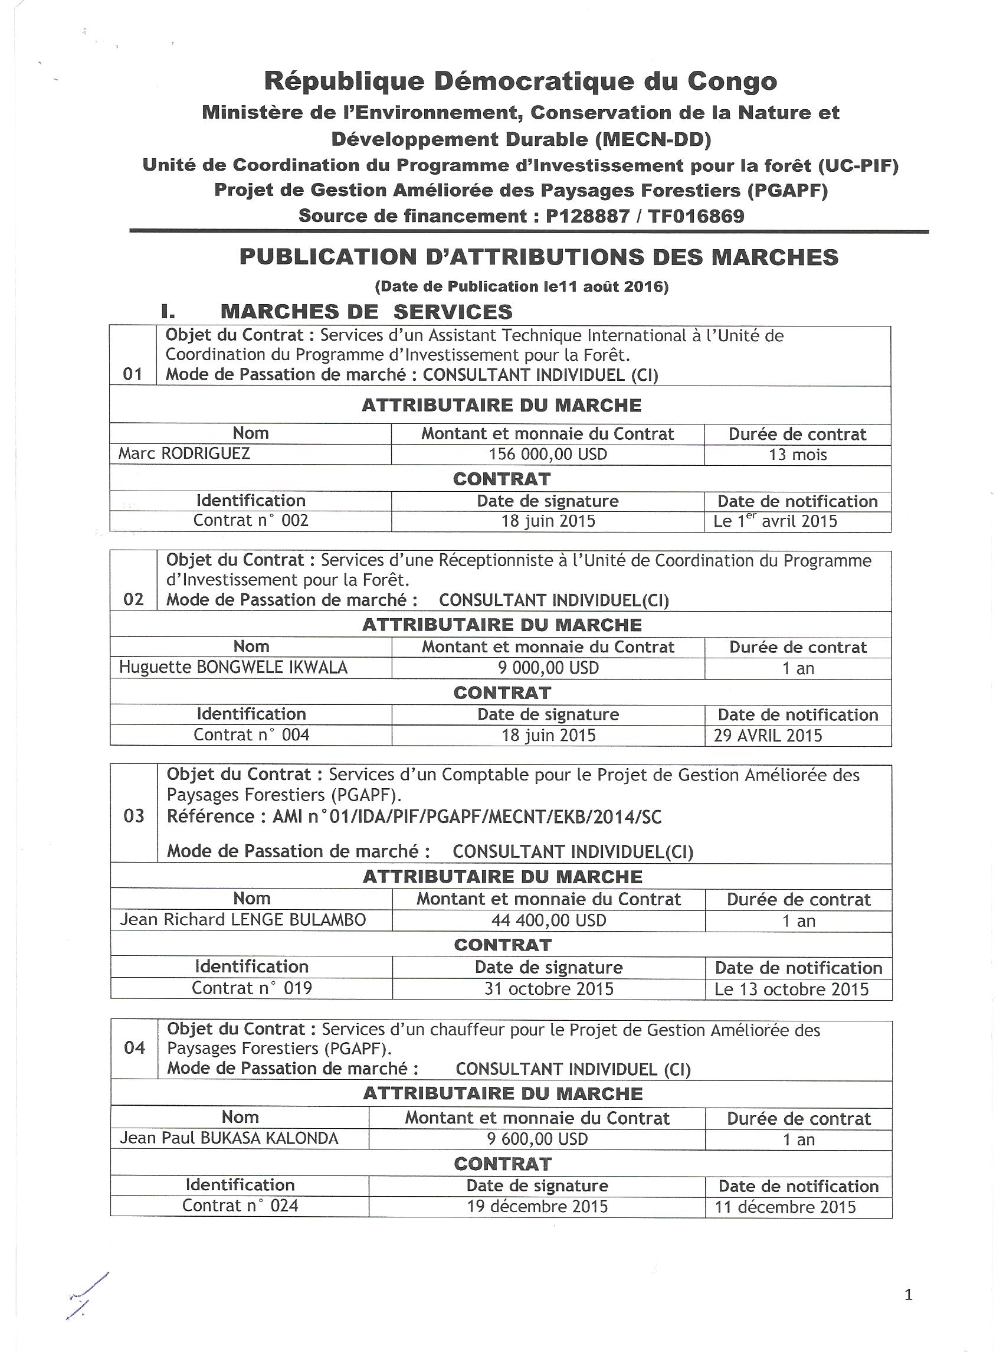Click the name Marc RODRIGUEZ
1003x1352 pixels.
(184, 453)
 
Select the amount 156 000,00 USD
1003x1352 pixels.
(548, 455)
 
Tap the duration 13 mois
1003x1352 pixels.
(797, 455)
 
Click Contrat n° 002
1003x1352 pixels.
(251, 521)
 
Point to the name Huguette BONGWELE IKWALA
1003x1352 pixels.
(233, 668)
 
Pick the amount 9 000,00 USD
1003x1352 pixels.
(548, 668)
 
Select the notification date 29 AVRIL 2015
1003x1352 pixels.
(768, 736)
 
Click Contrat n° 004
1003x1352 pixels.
(251, 735)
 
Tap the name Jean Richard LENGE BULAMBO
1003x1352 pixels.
(243, 920)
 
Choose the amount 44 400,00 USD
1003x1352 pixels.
(548, 920)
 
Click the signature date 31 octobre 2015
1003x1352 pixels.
(549, 989)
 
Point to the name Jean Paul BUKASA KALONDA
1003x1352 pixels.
(229, 1138)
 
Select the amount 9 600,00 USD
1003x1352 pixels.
(537, 1139)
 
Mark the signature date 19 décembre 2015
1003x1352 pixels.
(537, 1206)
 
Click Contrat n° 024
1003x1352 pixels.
(241, 1205)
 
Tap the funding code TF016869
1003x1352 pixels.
(696, 215)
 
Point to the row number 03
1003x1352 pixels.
(133, 816)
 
